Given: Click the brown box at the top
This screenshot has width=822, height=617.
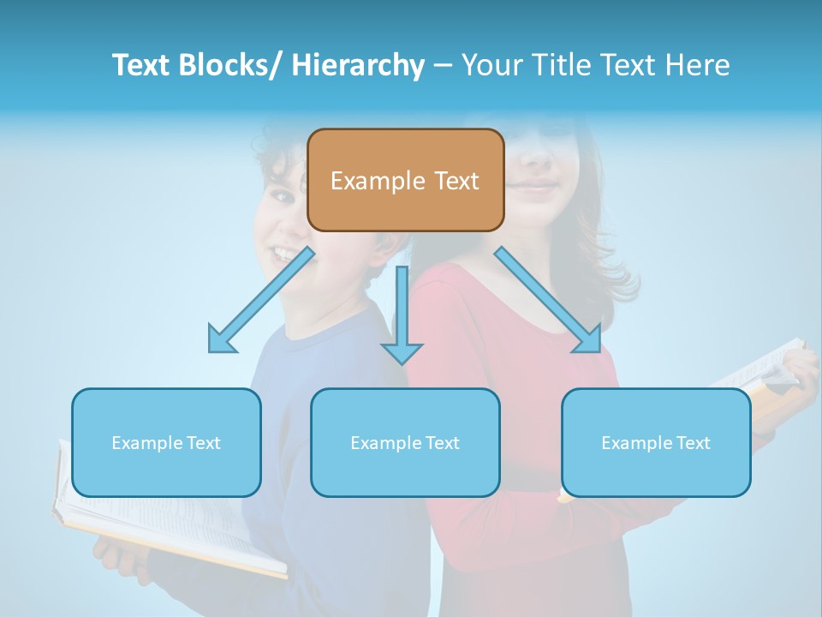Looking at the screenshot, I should [x=405, y=180].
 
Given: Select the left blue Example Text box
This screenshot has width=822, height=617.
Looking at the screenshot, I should [x=166, y=442].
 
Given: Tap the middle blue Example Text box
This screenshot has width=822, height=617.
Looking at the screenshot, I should [x=405, y=442].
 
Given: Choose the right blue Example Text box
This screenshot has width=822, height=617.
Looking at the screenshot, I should [x=656, y=442].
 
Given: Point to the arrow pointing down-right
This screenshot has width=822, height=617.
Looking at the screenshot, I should [x=548, y=300].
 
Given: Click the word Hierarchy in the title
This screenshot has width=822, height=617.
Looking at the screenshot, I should [x=358, y=65].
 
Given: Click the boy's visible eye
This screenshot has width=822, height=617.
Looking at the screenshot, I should [x=281, y=197].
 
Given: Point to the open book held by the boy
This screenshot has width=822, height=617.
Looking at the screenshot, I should [x=171, y=531].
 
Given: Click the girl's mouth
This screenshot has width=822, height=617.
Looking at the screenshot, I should [x=535, y=184].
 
